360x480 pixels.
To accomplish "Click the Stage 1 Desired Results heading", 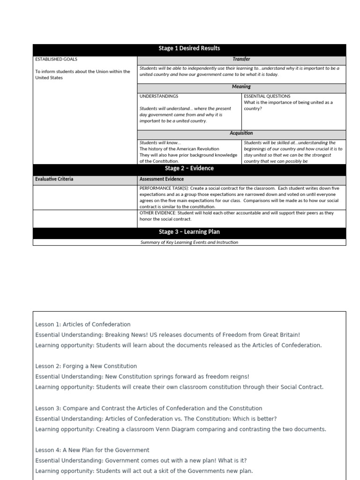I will pyautogui.click(x=189, y=48).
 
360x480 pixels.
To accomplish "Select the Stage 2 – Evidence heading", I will pyautogui.click(x=189, y=168).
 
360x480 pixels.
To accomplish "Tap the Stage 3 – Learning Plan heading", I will pyautogui.click(x=189, y=232).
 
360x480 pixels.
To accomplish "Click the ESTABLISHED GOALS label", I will pyautogui.click(x=56, y=60).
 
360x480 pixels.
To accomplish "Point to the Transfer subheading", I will pyautogui.click(x=241, y=60).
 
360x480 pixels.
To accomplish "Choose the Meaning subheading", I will pyautogui.click(x=241, y=87).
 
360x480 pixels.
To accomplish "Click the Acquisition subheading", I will pyautogui.click(x=241, y=133).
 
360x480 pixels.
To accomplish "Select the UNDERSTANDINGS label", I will pyautogui.click(x=159, y=96).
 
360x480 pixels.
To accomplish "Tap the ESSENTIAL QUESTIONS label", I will pyautogui.click(x=267, y=96).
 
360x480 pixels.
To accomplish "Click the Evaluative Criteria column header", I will pyautogui.click(x=54, y=179).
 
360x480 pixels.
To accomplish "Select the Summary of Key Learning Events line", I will pyautogui.click(x=189, y=242).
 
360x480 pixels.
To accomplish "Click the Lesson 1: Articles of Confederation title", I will pyautogui.click(x=83, y=324).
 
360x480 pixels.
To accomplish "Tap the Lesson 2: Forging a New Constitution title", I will pyautogui.click(x=86, y=366).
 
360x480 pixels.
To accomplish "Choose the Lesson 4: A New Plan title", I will pyautogui.click(x=92, y=450).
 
